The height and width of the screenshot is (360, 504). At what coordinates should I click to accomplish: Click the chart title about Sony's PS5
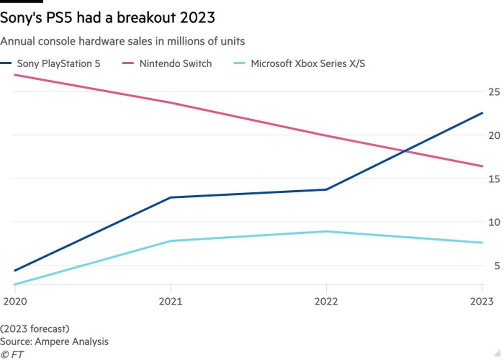click(108, 18)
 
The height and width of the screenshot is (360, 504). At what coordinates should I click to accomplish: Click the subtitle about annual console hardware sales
click(123, 42)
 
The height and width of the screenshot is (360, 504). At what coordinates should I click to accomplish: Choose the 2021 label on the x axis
click(171, 302)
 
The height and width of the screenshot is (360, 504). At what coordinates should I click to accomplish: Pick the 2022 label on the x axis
click(326, 302)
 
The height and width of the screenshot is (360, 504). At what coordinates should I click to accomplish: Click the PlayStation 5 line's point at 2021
click(171, 197)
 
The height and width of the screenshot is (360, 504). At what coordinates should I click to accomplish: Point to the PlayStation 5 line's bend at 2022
click(326, 189)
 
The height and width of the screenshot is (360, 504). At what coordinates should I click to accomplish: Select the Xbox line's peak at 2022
click(326, 231)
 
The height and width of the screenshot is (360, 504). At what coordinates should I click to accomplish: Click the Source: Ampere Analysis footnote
click(54, 341)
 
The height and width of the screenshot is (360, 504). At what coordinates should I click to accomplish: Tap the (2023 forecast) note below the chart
click(35, 328)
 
